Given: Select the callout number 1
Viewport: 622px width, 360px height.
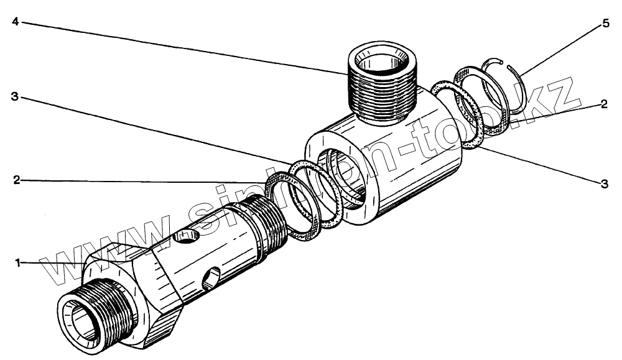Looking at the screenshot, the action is pos(18,263).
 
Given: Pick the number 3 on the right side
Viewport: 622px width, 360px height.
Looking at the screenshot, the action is pos(604,183).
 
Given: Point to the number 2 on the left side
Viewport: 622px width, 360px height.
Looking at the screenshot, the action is pos(17,180).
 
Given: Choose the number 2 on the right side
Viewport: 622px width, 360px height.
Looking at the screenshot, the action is pos(603,105).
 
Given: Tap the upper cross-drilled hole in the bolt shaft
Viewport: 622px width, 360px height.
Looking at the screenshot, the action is pos(185,236).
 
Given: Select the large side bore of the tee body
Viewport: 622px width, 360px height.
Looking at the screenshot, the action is pos(342,178).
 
